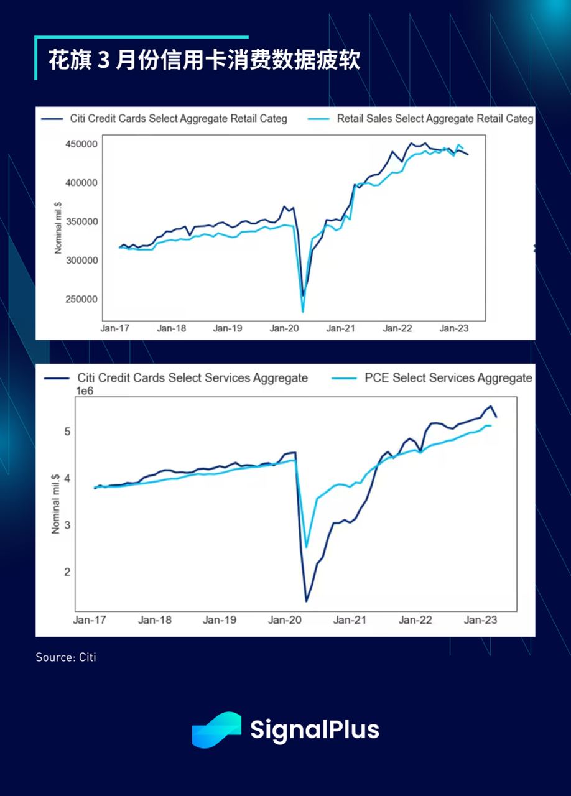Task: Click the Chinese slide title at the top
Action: [x=204, y=61]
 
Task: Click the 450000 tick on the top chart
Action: [x=81, y=144]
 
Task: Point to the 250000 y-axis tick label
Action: [x=81, y=299]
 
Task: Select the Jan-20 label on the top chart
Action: [x=284, y=328]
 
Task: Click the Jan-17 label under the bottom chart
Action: [x=90, y=620]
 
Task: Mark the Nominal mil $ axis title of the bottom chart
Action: [x=55, y=501]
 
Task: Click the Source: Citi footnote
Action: [x=66, y=657]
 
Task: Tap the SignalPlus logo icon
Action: [x=216, y=729]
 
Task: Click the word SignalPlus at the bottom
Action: [x=314, y=729]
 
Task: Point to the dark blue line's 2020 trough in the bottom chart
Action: [x=307, y=601]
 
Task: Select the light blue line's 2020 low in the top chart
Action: [x=303, y=311]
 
